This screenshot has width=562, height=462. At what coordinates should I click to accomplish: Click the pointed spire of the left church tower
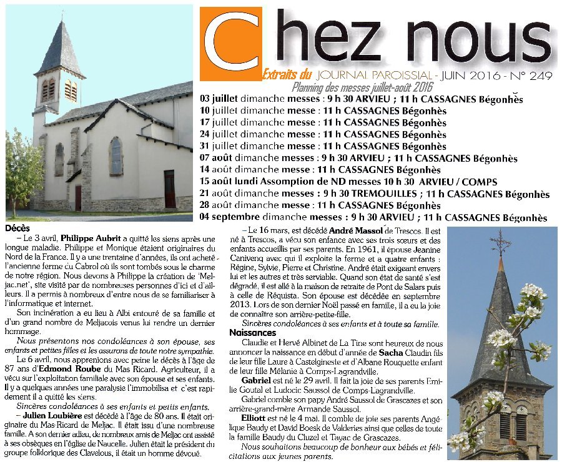pos(61,47)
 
